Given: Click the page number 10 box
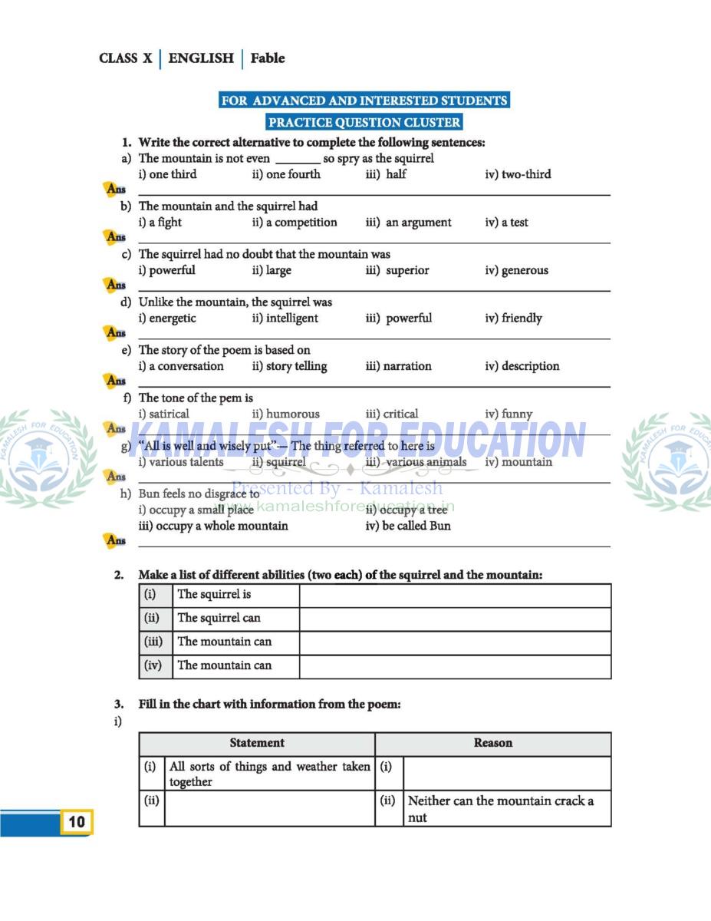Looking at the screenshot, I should (77, 822).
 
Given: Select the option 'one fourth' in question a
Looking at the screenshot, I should (286, 174).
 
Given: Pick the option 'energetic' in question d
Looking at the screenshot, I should (167, 318).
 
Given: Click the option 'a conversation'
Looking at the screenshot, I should (181, 366).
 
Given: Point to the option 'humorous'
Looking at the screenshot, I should (285, 414).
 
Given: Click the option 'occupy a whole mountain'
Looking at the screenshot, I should (213, 526).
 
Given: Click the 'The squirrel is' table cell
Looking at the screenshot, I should (214, 594).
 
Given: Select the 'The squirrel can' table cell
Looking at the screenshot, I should (219, 618).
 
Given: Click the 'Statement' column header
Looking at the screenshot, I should (257, 743).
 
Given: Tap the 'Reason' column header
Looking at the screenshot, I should (492, 743).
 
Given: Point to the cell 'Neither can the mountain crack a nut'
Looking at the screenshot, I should (500, 809).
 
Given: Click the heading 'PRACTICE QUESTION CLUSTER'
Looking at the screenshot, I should (364, 122).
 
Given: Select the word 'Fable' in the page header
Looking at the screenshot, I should (267, 58).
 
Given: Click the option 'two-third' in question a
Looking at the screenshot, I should (518, 174).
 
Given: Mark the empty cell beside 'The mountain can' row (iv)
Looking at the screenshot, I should (455, 666).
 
